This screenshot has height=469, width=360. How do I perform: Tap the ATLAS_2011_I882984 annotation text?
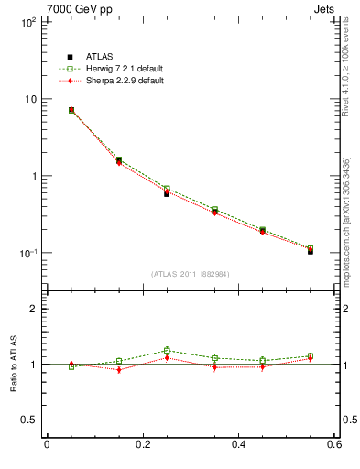tap(191, 274)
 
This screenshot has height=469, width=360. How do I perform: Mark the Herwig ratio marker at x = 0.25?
tap(167, 350)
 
